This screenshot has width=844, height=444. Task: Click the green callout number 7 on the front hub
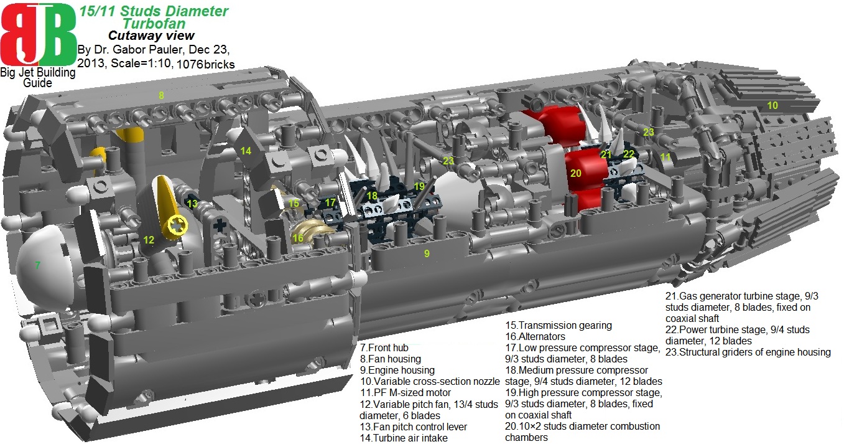[38, 265]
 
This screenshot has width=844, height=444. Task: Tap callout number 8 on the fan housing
[161, 95]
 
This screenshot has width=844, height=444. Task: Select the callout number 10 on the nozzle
[772, 105]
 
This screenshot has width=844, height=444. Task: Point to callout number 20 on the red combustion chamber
[576, 173]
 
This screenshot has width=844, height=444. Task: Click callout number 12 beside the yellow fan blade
[148, 240]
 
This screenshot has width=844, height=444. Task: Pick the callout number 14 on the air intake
[246, 151]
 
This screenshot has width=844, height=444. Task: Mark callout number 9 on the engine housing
[427, 253]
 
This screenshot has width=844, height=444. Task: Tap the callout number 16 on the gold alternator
[298, 237]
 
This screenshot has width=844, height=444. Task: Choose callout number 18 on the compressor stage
[372, 196]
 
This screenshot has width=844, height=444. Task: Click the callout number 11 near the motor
[665, 157]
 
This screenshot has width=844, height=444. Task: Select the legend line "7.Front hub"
[384, 347]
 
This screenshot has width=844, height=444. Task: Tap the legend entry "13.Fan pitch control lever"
[413, 427]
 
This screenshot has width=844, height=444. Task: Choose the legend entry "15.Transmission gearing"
[559, 325]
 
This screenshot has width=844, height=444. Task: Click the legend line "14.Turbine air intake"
[404, 438]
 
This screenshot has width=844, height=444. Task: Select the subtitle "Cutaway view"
[151, 35]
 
